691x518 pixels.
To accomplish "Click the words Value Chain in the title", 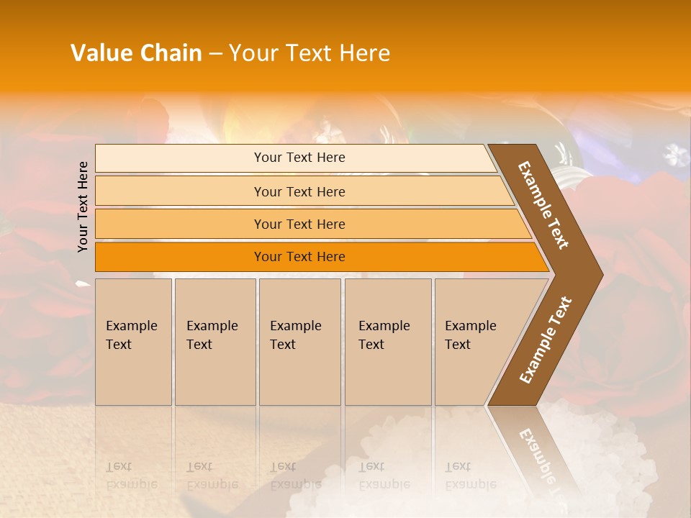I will [x=136, y=53].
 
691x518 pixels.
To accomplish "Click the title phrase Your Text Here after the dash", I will [x=310, y=53].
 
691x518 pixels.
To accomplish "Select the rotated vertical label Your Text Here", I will [x=83, y=206].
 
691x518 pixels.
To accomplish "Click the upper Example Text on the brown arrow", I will [x=543, y=205].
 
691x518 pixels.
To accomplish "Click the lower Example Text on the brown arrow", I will [x=546, y=340].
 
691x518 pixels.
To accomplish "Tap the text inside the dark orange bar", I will [x=299, y=257].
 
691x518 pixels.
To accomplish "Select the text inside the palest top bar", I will [x=299, y=158].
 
